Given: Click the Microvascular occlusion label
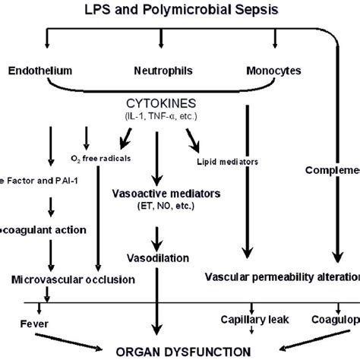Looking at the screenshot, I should pos(73,279).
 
